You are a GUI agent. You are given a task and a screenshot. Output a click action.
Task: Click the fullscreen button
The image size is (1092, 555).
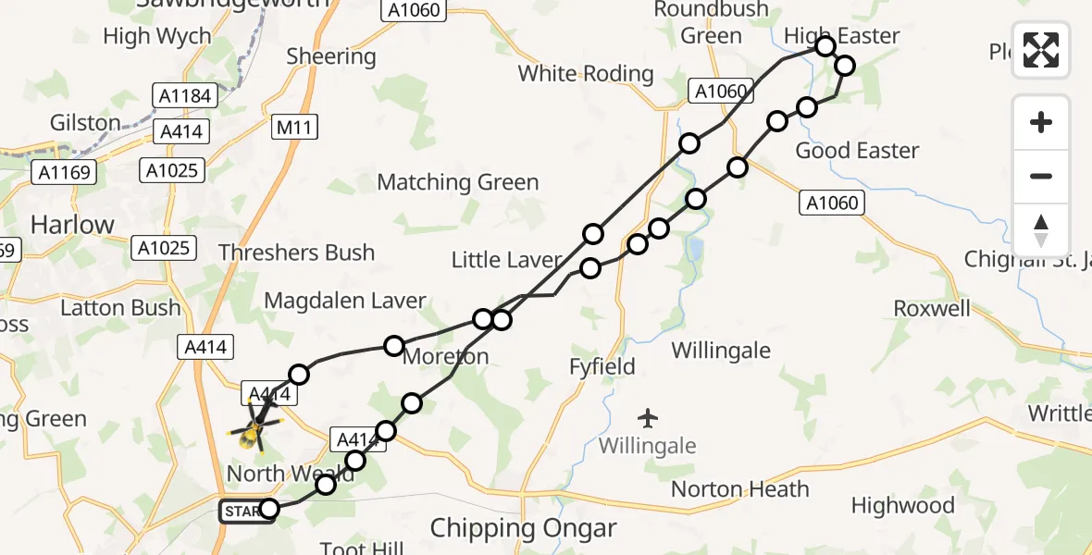[x=1041, y=50]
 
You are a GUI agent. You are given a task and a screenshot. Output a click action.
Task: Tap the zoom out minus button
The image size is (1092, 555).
[x=1041, y=176]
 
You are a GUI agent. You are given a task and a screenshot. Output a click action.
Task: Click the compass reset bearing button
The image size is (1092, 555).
[x=1041, y=230]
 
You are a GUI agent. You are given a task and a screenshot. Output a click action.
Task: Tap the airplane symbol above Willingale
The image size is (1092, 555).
[x=648, y=418]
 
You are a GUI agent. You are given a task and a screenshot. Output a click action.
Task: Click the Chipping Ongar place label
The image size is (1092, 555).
[x=523, y=529]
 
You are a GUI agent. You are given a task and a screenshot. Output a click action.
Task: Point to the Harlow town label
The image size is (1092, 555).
[x=72, y=225]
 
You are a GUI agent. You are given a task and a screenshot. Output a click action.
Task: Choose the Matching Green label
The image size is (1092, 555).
[x=458, y=182]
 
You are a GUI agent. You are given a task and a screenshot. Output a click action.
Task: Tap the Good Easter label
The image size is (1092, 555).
[x=857, y=151]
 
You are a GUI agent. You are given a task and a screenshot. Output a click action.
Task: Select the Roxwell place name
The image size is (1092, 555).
[x=932, y=308]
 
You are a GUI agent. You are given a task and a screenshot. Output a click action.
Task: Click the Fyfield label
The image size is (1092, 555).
[x=602, y=367]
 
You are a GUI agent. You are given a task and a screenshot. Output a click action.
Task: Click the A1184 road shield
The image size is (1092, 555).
[x=185, y=95]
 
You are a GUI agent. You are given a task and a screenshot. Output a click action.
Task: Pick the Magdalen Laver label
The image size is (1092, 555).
[x=345, y=301]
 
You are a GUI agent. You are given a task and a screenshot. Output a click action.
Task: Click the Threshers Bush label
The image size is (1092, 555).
[x=296, y=253]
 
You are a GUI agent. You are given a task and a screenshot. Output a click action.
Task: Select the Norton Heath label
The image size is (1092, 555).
[x=740, y=489]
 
